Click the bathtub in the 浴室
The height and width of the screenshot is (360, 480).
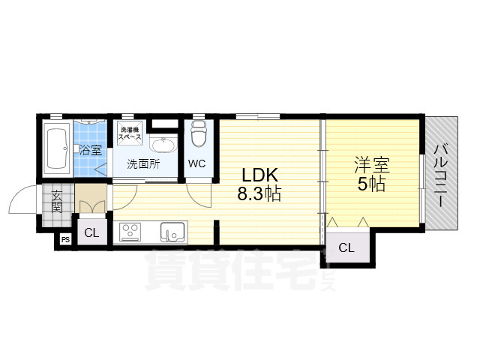tap(58, 148)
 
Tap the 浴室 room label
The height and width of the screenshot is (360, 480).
tap(91, 149)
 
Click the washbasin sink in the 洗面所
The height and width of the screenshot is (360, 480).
tap(162, 145)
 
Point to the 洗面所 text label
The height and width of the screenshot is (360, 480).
tap(142, 164)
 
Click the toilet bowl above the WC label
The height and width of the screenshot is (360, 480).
tap(199, 136)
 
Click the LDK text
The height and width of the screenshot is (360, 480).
tap(259, 175)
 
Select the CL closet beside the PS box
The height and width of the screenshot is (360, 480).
tap(91, 232)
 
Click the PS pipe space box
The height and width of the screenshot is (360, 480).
tap(66, 240)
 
